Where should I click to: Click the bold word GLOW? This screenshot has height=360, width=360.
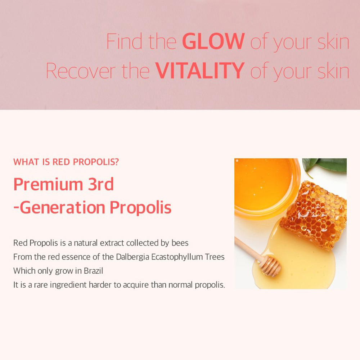(x=213, y=41)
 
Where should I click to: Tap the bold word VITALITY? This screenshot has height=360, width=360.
(x=200, y=70)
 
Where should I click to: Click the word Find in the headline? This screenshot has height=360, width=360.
(x=124, y=41)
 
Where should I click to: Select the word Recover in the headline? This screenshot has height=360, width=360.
(x=81, y=70)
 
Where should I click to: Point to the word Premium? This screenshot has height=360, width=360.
(x=48, y=184)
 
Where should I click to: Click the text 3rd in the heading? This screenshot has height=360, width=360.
(x=101, y=184)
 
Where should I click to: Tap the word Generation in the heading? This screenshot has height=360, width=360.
(x=62, y=207)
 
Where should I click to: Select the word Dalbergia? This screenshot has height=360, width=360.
(x=133, y=257)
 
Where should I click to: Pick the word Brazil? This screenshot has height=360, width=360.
(x=93, y=271)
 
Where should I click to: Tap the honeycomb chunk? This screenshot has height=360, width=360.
(x=314, y=214)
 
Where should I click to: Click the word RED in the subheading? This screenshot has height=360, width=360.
(x=61, y=162)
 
